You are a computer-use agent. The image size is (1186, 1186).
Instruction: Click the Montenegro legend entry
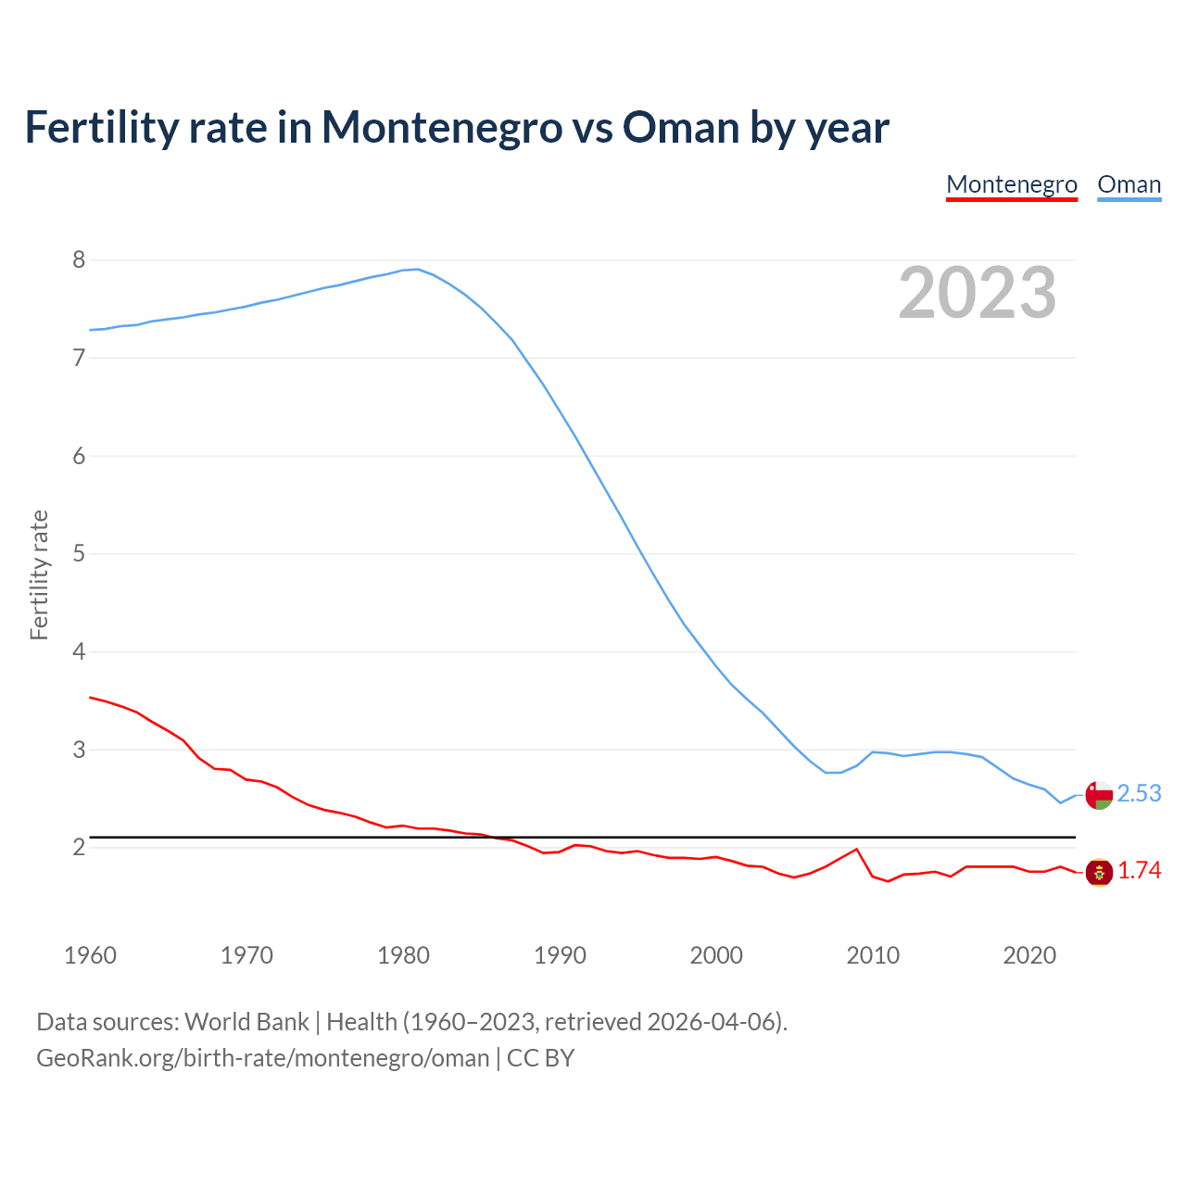[x=1011, y=184]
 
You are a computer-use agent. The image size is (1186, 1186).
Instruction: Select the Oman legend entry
[x=1129, y=184]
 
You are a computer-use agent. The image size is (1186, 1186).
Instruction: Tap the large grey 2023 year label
[x=978, y=293]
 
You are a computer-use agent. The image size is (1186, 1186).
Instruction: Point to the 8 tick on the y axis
[x=79, y=259]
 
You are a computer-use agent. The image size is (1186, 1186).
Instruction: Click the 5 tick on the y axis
[x=79, y=554]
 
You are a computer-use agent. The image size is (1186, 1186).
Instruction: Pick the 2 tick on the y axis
[x=79, y=847]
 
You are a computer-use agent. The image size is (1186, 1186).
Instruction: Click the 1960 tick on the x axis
[x=90, y=955]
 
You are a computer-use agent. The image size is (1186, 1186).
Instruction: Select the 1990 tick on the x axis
[x=560, y=955]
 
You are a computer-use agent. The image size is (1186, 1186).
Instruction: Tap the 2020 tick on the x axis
[x=1029, y=955]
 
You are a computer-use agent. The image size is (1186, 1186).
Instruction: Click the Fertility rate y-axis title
[x=39, y=574]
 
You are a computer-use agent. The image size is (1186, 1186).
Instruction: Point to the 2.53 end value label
[x=1139, y=794]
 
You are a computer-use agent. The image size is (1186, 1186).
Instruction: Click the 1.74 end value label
[x=1139, y=871]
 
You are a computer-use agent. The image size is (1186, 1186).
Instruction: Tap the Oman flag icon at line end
[x=1099, y=795]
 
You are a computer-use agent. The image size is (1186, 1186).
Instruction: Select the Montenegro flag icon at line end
[x=1099, y=872]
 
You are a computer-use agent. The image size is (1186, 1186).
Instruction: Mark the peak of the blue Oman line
[x=418, y=270]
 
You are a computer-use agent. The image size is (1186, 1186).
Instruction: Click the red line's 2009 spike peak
[x=856, y=849]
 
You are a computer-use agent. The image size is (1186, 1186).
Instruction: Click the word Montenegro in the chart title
[x=441, y=127]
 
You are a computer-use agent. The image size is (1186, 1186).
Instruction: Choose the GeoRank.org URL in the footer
[x=262, y=1057]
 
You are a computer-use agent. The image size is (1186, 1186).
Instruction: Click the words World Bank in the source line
[x=246, y=1022]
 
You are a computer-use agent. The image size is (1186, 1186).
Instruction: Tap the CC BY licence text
[x=540, y=1057]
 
